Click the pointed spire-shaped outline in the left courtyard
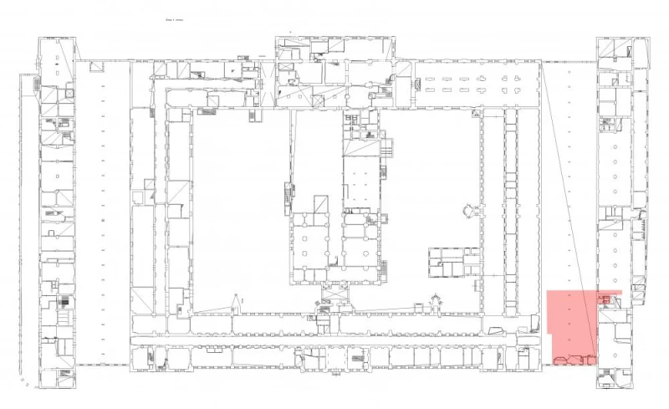click(x=237, y=301)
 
